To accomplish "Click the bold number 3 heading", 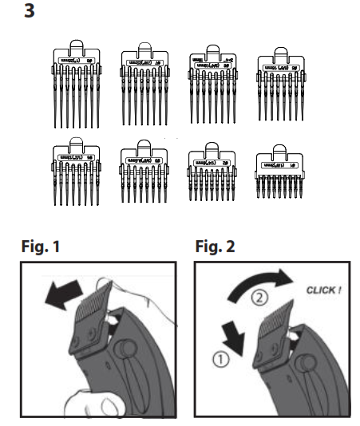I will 31,14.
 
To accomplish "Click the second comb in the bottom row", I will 144,176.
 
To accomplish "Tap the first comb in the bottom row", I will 77,178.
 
